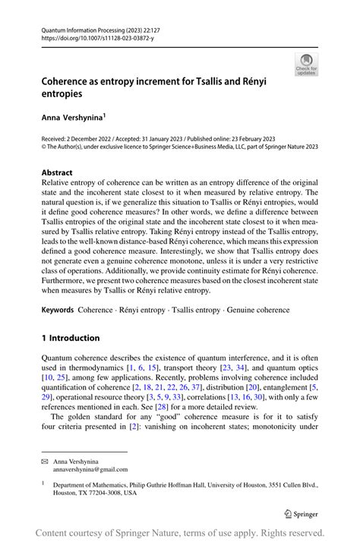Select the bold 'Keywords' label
[57, 310]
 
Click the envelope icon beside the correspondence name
[46, 460]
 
